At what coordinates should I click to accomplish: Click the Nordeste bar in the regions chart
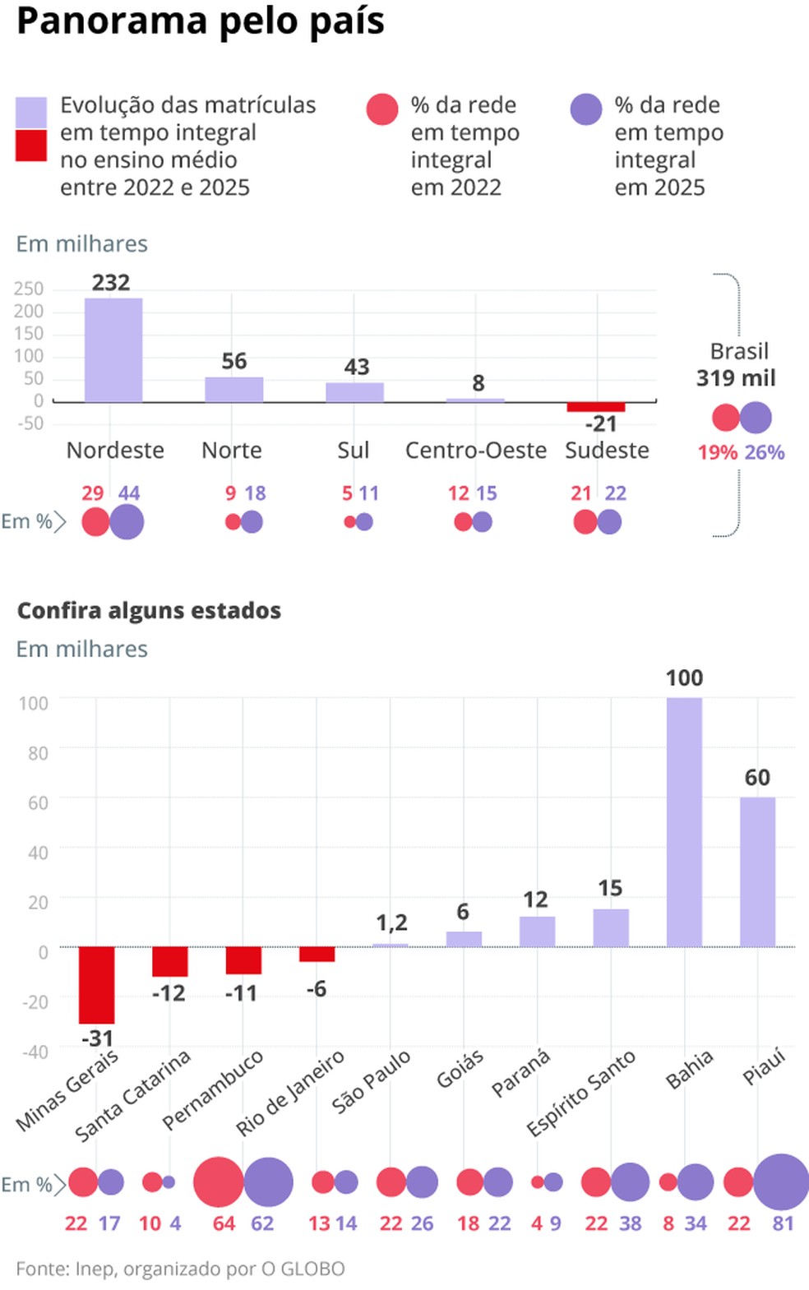pos(113,349)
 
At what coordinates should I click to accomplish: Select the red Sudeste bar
pos(596,407)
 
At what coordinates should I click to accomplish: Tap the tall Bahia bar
pos(684,822)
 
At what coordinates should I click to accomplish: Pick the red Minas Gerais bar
pos(96,985)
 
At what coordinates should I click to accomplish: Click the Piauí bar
pos(757,872)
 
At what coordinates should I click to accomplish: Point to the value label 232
pos(111,283)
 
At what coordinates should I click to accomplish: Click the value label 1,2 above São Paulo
pos(391,922)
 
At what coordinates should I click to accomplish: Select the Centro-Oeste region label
pos(475,451)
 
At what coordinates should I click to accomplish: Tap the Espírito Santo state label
pos(580,1093)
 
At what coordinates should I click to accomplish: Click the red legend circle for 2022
pos(382,109)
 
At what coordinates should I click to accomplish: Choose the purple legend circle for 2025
pos(586,109)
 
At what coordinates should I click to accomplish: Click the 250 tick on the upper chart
pos(29,289)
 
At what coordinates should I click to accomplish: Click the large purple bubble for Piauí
pos(781,1182)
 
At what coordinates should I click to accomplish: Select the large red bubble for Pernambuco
pos(218,1182)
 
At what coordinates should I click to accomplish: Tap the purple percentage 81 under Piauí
pos(783,1223)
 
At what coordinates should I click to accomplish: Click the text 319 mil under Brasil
pos(736,378)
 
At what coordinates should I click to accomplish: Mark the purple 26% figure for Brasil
pos(765,452)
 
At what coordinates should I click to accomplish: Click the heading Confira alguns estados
pos(149,611)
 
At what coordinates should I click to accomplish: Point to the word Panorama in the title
pos(112,21)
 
